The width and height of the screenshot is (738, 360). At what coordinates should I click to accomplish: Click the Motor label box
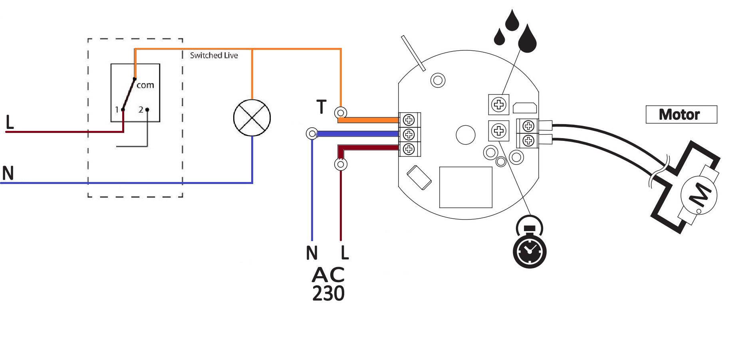681,115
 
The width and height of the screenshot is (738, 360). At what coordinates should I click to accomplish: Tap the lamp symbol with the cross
252,118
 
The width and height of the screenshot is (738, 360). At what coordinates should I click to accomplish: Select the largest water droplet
527,39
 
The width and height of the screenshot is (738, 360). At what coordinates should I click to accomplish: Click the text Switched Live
214,55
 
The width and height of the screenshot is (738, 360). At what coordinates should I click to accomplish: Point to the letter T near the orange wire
321,107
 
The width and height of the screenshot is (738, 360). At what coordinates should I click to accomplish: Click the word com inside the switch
145,85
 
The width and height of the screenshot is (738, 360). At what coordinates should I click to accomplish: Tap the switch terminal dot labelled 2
147,109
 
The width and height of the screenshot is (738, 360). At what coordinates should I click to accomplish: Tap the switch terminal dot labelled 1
123,109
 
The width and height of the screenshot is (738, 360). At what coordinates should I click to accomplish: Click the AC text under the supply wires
328,275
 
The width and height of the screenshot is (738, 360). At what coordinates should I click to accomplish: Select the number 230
328,294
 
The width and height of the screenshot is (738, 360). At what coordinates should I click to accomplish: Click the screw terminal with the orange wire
409,120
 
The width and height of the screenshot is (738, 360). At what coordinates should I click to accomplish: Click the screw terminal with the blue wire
409,134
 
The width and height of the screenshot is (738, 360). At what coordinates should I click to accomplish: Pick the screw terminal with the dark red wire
409,149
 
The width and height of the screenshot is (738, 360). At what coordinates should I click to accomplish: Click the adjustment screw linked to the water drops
498,105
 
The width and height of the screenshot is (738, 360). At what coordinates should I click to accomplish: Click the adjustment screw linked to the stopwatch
498,131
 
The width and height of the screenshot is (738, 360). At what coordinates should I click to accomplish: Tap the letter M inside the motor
700,195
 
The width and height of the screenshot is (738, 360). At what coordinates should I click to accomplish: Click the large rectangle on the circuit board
465,187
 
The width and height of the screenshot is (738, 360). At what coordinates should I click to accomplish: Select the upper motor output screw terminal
528,127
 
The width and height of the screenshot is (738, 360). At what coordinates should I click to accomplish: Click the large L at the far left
10,122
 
